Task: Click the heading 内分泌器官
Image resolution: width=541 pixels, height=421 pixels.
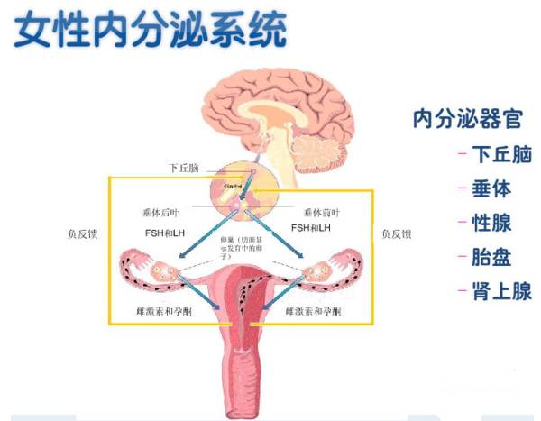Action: tap(467, 118)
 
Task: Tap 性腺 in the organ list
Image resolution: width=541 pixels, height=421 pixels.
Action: tap(491, 223)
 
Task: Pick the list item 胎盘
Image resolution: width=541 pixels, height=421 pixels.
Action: tap(491, 257)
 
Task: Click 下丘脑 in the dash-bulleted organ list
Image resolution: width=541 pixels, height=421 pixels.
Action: tap(500, 154)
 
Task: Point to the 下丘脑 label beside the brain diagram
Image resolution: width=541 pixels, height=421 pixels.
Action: tap(184, 169)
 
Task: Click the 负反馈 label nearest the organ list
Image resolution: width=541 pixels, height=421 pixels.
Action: tap(397, 234)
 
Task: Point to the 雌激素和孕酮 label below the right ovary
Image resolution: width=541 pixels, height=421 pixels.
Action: tap(311, 311)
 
